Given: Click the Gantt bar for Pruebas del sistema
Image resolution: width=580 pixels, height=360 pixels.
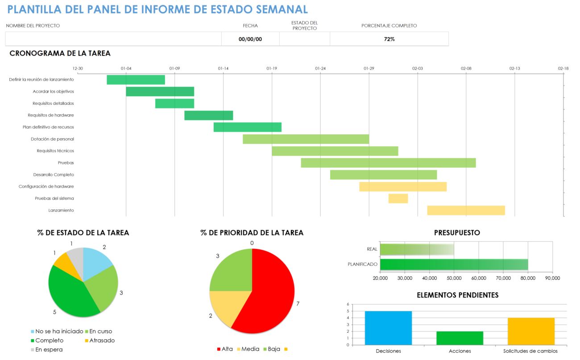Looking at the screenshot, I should (398, 199).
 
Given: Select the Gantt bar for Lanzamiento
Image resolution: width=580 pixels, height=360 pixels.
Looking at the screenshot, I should (466, 211).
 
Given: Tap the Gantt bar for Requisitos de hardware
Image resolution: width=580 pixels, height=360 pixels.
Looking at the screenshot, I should (208, 116).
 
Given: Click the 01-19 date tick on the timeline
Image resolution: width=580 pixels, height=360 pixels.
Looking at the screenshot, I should (272, 69).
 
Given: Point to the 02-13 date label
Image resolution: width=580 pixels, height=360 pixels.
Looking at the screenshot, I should (514, 69).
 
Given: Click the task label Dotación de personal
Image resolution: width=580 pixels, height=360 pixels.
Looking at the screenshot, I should (52, 139).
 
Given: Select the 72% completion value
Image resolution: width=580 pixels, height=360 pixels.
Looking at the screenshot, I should (389, 39).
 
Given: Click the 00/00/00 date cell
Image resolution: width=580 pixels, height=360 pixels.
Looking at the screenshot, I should (250, 39).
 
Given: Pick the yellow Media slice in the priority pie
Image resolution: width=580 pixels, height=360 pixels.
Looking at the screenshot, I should (223, 308).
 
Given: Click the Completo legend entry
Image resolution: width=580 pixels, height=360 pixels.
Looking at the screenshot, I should (49, 340).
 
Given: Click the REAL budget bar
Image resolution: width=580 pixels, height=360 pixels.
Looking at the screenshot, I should (417, 249).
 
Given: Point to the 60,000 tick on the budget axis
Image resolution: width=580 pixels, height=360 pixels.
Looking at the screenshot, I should (478, 278).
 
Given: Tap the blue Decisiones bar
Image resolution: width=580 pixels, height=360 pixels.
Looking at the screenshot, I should (388, 328).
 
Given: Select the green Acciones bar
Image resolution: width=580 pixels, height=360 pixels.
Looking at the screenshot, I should (460, 338).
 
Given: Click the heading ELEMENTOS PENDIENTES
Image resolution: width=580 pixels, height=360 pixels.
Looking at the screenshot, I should (457, 295).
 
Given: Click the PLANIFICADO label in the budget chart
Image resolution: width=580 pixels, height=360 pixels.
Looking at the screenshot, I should (362, 265).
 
